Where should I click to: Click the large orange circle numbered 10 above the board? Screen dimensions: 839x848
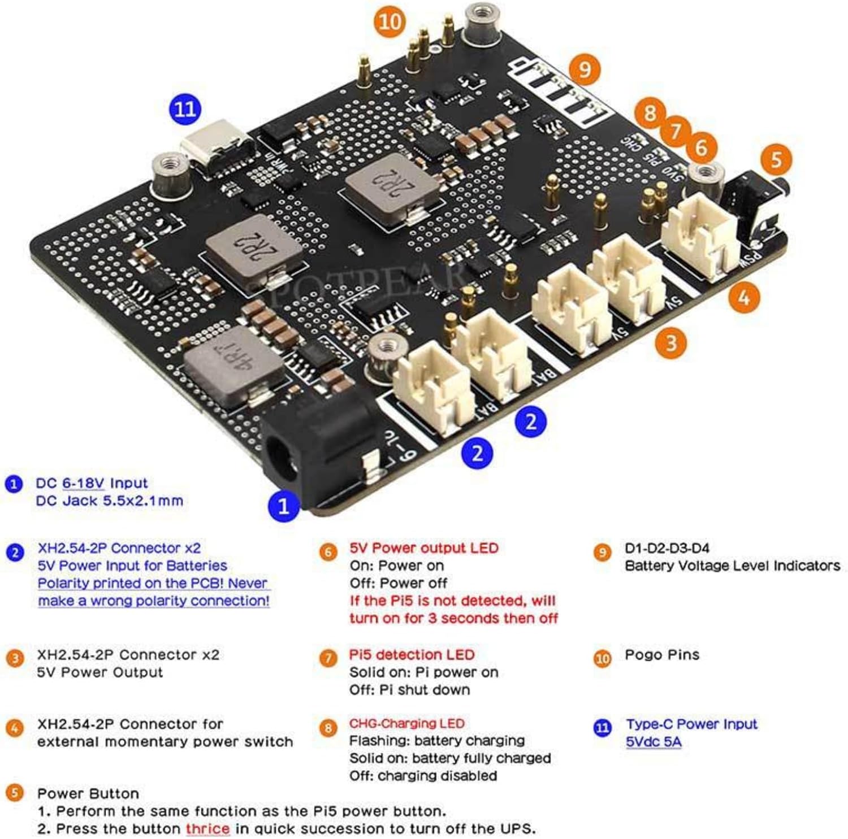coord(390,22)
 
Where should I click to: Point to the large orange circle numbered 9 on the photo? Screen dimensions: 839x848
coord(585,69)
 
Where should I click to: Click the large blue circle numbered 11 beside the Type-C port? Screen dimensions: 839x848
coord(185,108)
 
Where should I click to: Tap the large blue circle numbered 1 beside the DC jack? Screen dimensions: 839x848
coord(283,505)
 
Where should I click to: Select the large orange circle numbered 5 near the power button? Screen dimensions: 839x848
coord(776,159)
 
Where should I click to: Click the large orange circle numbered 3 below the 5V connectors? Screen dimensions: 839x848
coord(670,342)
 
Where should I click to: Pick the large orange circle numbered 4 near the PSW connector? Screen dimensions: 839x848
coord(744,296)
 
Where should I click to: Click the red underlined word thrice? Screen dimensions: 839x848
coord(207,829)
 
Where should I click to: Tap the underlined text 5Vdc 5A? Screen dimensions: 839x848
coord(653,742)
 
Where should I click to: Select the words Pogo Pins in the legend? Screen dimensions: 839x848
coord(661,655)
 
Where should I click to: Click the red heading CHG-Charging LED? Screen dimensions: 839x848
coord(406,724)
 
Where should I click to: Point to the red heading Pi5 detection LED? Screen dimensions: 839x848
coord(412,655)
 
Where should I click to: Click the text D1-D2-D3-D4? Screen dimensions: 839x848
coord(667,548)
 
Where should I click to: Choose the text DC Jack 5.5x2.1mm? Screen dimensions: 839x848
coord(109,501)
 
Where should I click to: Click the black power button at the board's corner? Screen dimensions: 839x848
coord(758,195)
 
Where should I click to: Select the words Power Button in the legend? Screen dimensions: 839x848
coord(88,793)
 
